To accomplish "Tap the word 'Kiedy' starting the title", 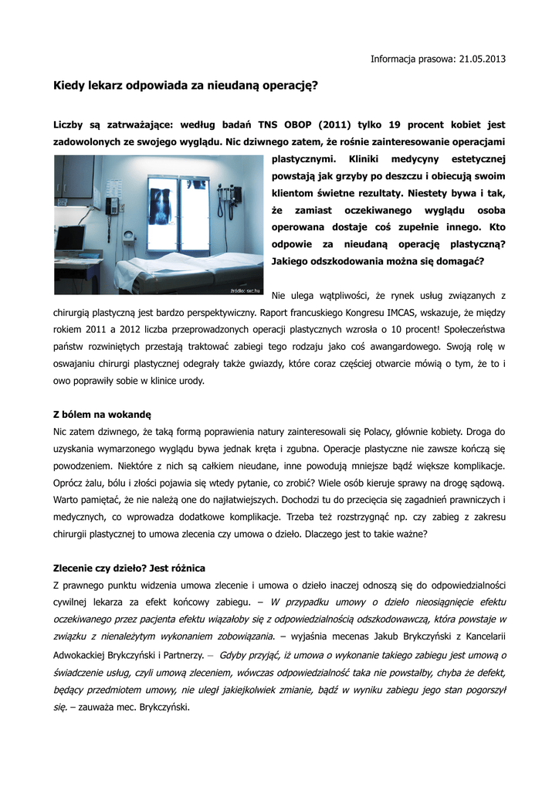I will (x=68, y=86).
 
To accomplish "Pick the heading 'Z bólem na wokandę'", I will (x=102, y=414).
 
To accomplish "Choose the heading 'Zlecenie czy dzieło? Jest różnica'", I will (x=129, y=568).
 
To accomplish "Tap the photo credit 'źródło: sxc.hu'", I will (x=246, y=290).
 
